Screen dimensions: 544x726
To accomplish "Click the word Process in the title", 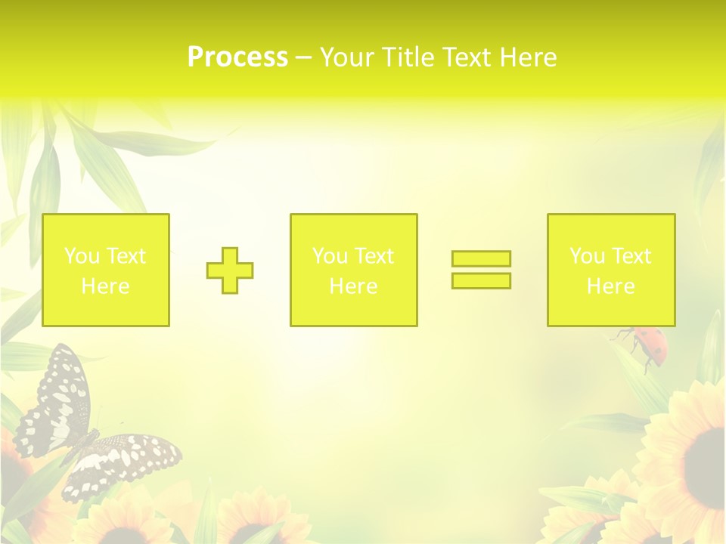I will (237, 57).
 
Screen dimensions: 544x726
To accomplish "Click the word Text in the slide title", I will (466, 57).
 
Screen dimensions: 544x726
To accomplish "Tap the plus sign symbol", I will (230, 270).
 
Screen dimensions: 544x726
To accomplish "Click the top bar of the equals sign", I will (481, 258).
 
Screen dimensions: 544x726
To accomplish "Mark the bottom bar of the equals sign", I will (481, 281).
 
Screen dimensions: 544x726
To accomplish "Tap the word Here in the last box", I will (610, 286).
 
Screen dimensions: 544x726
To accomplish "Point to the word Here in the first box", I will (105, 286).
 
